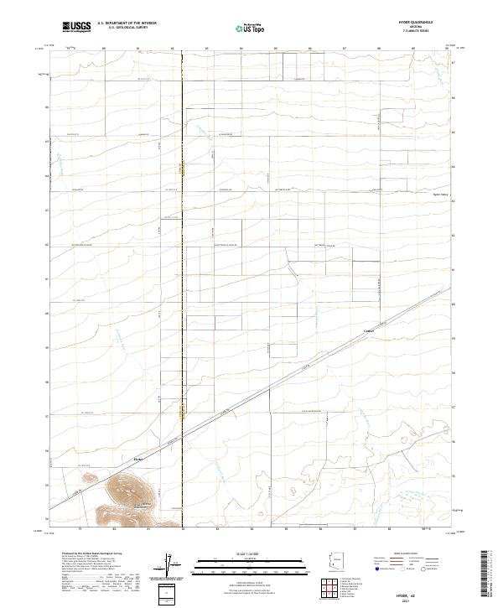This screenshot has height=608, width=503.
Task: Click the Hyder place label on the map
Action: (x=139, y=458)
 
